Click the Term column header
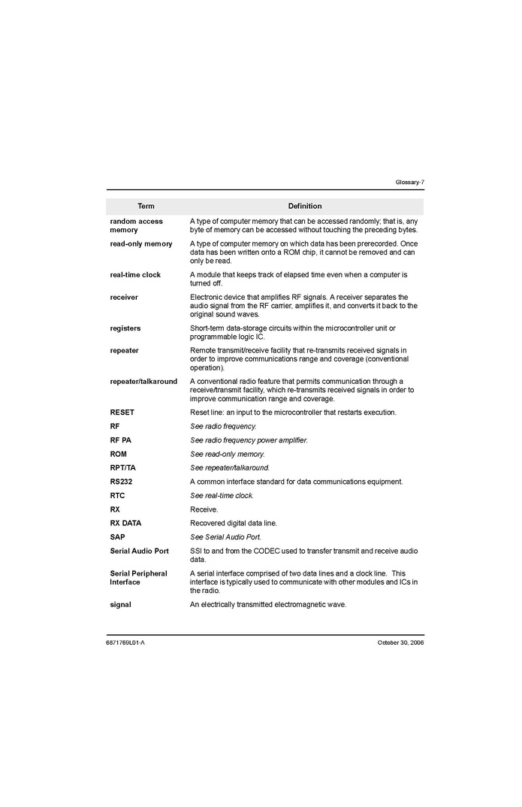[146, 206]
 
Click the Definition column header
[304, 206]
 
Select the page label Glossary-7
[409, 183]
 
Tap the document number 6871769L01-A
[125, 642]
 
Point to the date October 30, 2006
[400, 642]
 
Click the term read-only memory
[141, 243]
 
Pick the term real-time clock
[135, 275]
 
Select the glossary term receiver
[124, 298]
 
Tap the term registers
[125, 328]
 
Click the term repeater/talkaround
[143, 381]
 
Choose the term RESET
[122, 413]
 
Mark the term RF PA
[120, 440]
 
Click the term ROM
[119, 454]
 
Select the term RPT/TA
[123, 467]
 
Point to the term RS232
[121, 482]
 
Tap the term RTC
[117, 495]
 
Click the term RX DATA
[125, 523]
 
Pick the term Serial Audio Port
[140, 551]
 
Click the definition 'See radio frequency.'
[223, 426]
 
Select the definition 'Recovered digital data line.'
[234, 523]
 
